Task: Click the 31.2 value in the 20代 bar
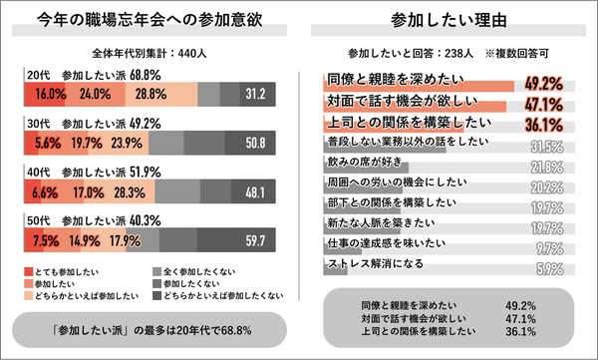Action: tap(255, 95)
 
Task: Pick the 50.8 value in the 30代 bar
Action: tap(255, 143)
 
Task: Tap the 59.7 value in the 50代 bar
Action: tap(255, 240)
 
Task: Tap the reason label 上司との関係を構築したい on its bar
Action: tap(394, 124)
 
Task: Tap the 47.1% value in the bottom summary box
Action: tap(522, 319)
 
